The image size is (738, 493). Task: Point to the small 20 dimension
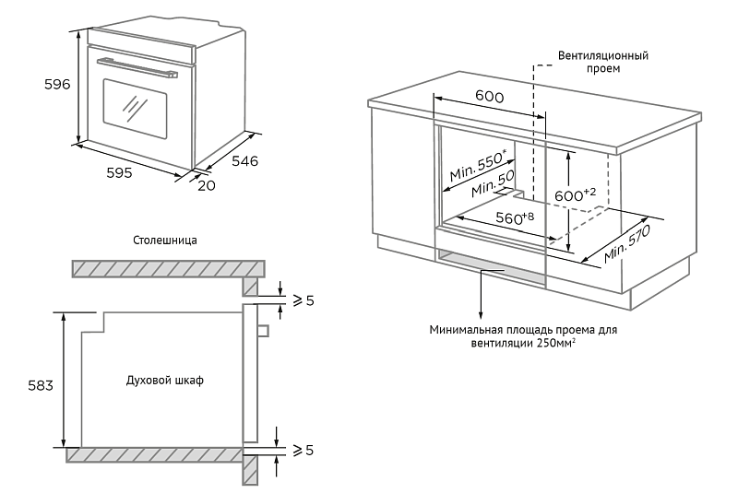(x=207, y=185)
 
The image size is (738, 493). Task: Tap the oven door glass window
(x=135, y=107)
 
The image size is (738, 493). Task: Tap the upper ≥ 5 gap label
(x=303, y=299)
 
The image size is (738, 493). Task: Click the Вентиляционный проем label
(x=602, y=62)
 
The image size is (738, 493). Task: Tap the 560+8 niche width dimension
(x=515, y=218)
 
